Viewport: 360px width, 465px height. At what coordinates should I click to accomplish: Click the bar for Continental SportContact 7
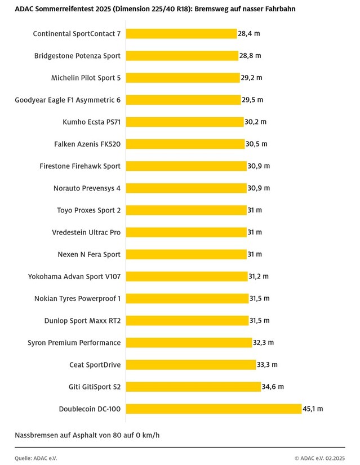pyautogui.click(x=181, y=34)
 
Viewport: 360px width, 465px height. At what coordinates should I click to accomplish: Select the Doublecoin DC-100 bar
pyautogui.click(x=214, y=409)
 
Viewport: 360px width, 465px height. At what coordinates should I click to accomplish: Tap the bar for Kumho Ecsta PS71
pyautogui.click(x=184, y=122)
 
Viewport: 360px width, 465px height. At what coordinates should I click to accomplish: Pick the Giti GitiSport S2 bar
pyautogui.click(x=193, y=387)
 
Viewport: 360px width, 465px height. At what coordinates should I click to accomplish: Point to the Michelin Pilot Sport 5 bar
pyautogui.click(x=183, y=78)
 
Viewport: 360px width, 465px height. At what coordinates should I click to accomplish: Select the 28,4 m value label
pyautogui.click(x=248, y=34)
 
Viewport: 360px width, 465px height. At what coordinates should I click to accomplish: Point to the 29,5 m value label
pyautogui.click(x=252, y=100)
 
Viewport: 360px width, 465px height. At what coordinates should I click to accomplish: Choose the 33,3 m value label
pyautogui.click(x=268, y=365)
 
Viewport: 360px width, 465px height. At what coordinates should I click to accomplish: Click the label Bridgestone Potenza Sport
pyautogui.click(x=78, y=56)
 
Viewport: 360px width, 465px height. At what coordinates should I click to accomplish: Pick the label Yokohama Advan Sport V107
pyautogui.click(x=74, y=276)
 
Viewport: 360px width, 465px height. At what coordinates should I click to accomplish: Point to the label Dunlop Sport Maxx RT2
pyautogui.click(x=82, y=320)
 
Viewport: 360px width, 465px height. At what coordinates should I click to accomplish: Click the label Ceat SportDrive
pyautogui.click(x=95, y=365)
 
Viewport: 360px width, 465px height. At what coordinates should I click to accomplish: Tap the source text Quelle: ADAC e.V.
pyautogui.click(x=35, y=458)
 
